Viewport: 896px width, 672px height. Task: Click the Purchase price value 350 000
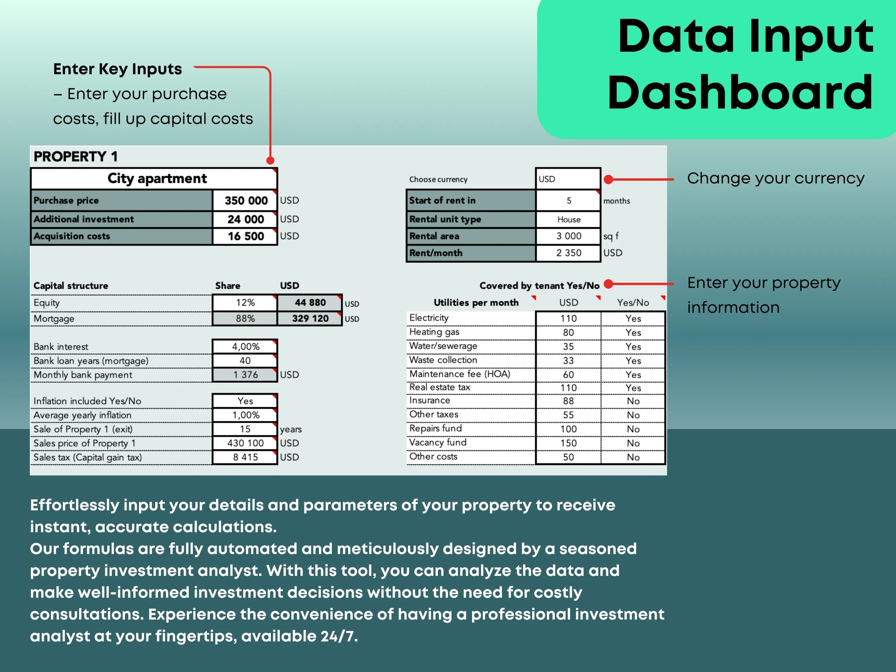pos(245,201)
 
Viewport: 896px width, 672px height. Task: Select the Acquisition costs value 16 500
pos(245,236)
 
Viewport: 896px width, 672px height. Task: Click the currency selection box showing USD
pos(568,179)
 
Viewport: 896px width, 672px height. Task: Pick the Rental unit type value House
pos(568,220)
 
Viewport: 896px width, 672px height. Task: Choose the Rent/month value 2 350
pos(568,253)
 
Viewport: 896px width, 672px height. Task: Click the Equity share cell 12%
pos(245,303)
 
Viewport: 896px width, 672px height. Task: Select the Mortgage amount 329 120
pos(310,319)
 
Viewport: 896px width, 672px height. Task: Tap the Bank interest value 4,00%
pos(245,346)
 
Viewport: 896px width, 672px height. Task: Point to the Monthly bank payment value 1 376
pos(245,375)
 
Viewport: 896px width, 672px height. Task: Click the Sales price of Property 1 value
pos(245,443)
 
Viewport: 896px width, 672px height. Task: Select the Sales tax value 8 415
pos(245,457)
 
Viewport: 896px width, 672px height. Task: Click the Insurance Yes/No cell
pos(633,401)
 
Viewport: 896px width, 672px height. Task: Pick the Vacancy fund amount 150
pos(568,443)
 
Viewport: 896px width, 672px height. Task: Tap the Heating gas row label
pos(434,332)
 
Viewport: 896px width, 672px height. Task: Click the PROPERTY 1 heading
pos(76,157)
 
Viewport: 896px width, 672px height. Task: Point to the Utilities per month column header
pos(476,303)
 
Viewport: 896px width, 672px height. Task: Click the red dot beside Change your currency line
pos(608,180)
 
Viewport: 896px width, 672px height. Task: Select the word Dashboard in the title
pos(740,93)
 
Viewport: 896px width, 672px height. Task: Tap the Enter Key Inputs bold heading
pos(117,69)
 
